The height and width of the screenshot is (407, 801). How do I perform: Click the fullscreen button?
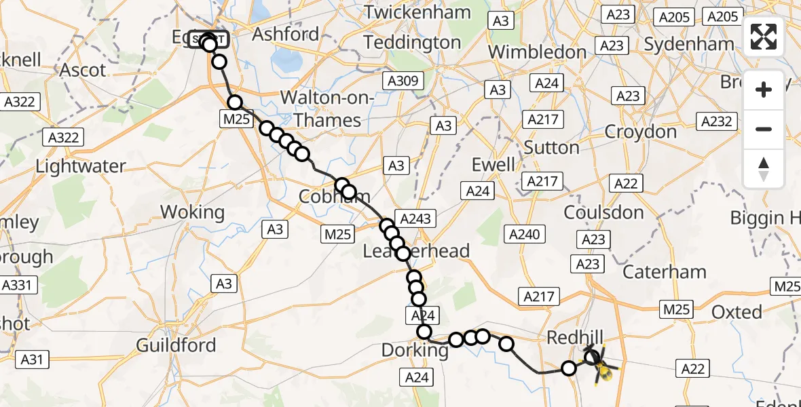[x=764, y=37]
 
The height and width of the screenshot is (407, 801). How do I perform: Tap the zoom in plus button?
[x=764, y=90]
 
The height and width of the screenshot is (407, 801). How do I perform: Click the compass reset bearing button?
[x=764, y=168]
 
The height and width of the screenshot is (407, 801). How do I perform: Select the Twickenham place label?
[x=417, y=12]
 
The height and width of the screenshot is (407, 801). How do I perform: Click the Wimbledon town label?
[x=537, y=52]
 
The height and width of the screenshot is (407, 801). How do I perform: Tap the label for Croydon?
[x=640, y=131]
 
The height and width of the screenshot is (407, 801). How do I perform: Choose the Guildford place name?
[x=176, y=345]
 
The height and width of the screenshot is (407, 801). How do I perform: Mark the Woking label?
[x=192, y=212]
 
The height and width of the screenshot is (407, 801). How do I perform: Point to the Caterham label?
[x=664, y=272]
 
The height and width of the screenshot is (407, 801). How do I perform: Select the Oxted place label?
[x=737, y=312]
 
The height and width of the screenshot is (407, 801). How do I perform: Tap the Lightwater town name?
[x=81, y=166]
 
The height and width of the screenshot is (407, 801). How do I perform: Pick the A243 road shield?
[x=414, y=218]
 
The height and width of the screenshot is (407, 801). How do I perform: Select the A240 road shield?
[x=524, y=235]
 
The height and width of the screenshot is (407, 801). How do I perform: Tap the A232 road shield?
[x=715, y=121]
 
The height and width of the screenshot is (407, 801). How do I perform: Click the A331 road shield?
[x=16, y=285]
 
